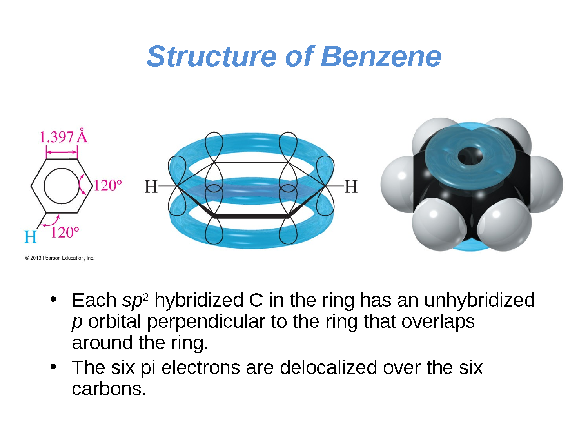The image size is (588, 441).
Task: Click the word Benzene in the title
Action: coord(381,56)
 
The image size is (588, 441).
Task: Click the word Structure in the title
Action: coord(212,56)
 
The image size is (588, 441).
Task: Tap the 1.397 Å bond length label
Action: coord(63,136)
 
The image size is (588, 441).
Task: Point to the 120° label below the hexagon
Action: coord(65,232)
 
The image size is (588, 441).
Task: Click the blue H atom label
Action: coord(30,237)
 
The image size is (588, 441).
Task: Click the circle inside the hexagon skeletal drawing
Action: coord(62,186)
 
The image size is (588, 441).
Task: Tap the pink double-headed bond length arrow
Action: coord(62,152)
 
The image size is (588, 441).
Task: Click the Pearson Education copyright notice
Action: coord(60,258)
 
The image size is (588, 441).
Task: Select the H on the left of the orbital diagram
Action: coord(151,186)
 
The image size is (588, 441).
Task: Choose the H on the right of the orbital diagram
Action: coord(351,186)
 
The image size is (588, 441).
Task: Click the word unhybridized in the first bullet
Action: coord(479,301)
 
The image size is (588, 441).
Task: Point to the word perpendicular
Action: coord(206,322)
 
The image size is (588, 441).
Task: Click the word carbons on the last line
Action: coord(109,389)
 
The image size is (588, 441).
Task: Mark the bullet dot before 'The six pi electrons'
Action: coord(53,367)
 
